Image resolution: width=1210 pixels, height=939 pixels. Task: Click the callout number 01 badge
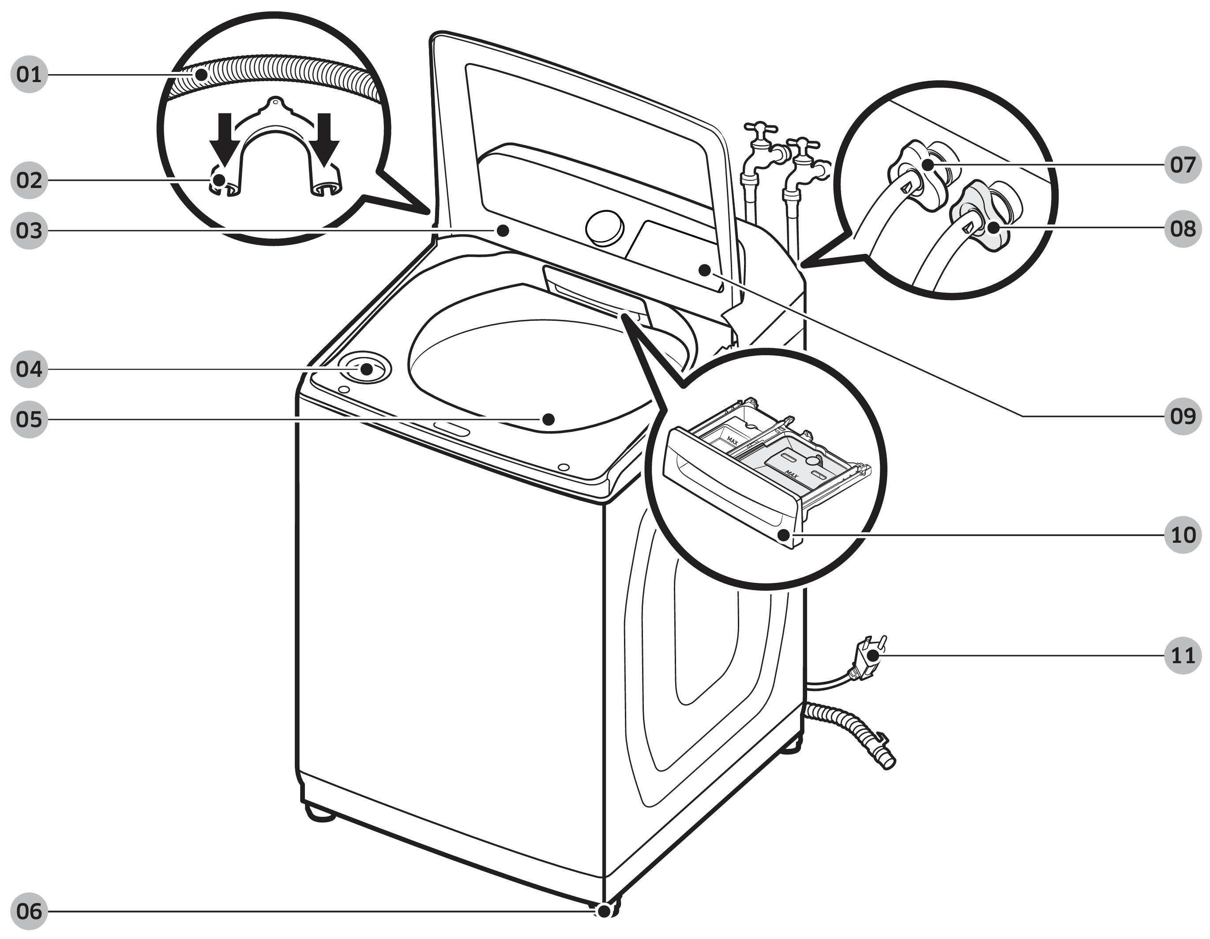[x=29, y=74]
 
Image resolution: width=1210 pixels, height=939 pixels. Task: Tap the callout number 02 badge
[x=29, y=180]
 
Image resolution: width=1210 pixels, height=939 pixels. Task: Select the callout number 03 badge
[x=29, y=230]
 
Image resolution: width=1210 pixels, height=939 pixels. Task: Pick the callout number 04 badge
[x=29, y=369]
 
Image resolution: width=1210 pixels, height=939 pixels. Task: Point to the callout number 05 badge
[x=29, y=419]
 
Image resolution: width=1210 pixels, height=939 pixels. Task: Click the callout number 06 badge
[x=29, y=911]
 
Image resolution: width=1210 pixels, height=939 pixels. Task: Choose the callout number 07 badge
[x=1182, y=165]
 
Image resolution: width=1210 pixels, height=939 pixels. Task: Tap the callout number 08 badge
[x=1182, y=228]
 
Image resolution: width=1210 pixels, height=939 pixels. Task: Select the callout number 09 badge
[x=1182, y=416]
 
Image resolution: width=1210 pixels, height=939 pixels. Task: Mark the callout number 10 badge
[x=1182, y=535]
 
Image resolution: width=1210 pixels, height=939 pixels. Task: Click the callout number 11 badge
[x=1182, y=656]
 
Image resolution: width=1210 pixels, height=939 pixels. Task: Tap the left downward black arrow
[x=224, y=139]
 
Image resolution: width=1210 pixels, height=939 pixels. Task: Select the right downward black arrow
[x=323, y=139]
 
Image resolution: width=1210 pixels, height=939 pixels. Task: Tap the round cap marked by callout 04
[x=366, y=368]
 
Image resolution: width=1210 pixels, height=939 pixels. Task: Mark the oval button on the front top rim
[x=451, y=429]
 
